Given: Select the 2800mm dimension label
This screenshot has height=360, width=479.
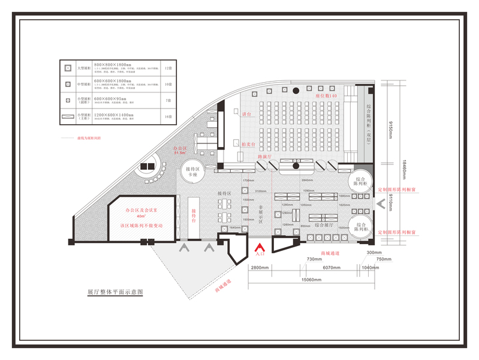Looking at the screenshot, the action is coord(260,268).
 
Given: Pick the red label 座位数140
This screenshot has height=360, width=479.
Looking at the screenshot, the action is coord(326,95).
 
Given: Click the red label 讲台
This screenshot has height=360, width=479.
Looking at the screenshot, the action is coord(245,114).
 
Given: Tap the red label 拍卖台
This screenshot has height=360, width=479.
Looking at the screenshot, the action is coord(249,145).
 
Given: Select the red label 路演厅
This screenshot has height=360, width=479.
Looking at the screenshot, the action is coord(266,156).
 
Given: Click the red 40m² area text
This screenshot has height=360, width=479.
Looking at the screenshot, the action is coord(141,217).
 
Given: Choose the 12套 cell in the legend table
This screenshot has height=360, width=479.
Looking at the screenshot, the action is coord(168,70).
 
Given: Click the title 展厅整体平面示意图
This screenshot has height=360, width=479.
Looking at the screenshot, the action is coord(116,292).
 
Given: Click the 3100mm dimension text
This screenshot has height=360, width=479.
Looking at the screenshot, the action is coord(261,191).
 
